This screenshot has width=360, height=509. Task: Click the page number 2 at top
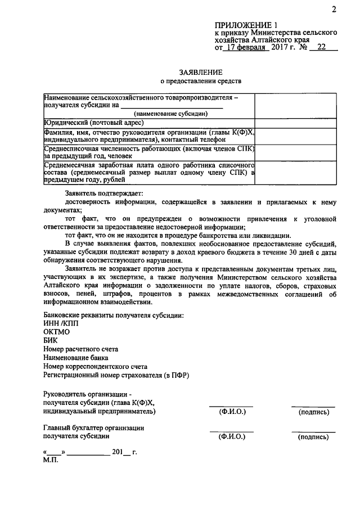[334, 9]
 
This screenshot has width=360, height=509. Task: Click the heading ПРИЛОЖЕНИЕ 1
[246, 25]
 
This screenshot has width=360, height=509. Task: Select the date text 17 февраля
[246, 48]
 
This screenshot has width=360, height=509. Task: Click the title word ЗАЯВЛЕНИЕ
[201, 73]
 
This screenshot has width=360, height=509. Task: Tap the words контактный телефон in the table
[193, 138]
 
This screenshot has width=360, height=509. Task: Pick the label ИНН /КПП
[61, 324]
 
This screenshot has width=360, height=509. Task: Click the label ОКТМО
[57, 332]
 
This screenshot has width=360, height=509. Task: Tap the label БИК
[50, 340]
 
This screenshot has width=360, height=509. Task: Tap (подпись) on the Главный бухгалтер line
[313, 436]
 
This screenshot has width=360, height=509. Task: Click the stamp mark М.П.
[50, 460]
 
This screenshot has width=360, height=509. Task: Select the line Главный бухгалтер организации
[94, 427]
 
